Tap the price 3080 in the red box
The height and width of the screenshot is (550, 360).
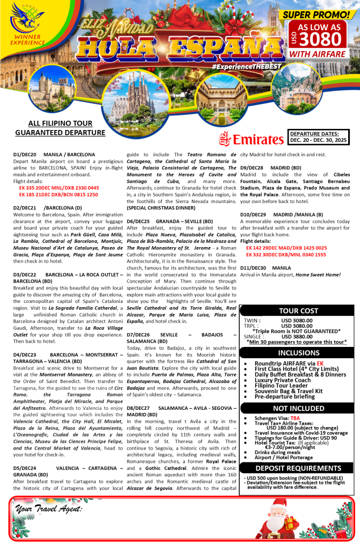(321, 39)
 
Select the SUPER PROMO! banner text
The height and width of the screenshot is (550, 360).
(315, 14)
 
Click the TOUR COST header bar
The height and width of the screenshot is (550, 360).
(299, 310)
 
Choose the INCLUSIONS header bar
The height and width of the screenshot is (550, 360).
(298, 353)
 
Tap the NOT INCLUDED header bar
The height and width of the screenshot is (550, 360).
(298, 408)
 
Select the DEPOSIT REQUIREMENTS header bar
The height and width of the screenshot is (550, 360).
(298, 467)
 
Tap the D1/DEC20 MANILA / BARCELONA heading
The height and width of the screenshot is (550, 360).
(54, 154)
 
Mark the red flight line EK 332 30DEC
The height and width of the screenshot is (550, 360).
(286, 255)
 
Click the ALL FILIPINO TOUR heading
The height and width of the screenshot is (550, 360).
(60, 124)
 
